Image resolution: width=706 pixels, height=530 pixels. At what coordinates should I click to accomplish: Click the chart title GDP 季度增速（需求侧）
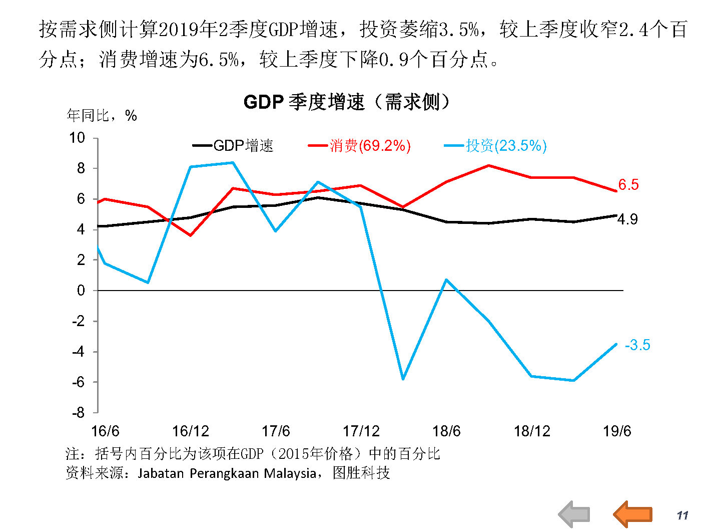346,102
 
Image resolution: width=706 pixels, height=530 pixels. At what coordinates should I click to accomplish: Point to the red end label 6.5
628,185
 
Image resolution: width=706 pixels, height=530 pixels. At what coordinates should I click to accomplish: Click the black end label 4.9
627,219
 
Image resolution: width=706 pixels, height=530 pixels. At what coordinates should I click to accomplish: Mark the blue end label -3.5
637,345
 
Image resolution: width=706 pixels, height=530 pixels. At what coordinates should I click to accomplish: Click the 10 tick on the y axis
77,138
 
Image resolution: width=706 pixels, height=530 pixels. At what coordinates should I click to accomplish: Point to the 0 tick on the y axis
81,291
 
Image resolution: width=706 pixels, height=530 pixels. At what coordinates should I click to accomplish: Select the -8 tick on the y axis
79,413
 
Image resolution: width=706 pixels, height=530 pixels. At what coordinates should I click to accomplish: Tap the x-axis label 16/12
190,431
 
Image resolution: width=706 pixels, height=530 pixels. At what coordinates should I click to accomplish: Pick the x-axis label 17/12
361,431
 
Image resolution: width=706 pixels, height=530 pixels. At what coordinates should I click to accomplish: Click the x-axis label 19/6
616,431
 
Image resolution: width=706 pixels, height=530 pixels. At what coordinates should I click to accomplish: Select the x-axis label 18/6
446,431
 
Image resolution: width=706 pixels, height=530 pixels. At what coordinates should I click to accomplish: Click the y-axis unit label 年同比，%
102,116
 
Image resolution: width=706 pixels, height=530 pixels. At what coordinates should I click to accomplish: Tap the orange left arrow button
633,514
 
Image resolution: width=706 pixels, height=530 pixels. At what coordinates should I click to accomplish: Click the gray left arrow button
574,514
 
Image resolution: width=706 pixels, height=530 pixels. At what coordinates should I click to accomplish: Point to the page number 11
682,515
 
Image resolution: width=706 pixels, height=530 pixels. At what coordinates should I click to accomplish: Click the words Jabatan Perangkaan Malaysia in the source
227,473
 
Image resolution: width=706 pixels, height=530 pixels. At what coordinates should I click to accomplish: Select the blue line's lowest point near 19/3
573,381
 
